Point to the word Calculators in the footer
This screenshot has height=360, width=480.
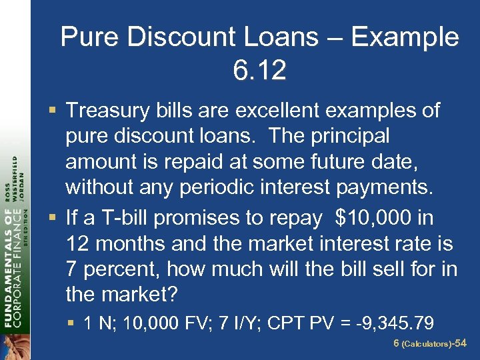[x=427, y=345]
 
